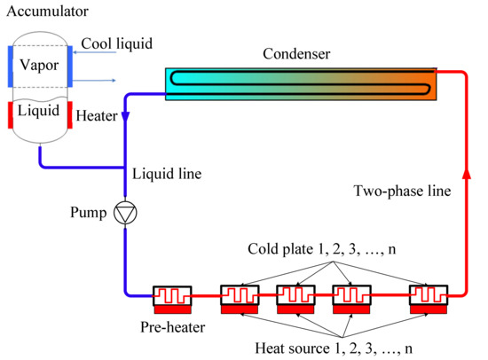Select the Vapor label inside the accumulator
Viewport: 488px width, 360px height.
[x=38, y=64]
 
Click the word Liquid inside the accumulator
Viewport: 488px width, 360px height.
[x=38, y=112]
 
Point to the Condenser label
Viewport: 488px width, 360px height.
[x=296, y=55]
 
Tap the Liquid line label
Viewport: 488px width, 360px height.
[x=166, y=174]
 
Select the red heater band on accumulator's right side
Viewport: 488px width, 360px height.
[x=68, y=115]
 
